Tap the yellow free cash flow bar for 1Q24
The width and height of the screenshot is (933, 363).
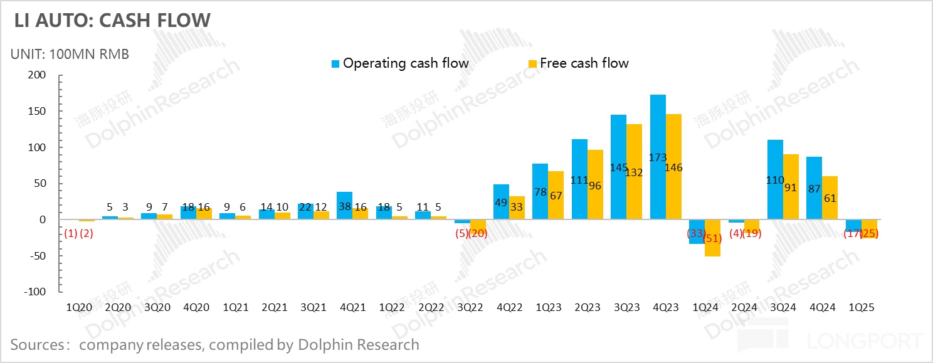click(x=713, y=238)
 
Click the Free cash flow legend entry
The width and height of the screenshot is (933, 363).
click(x=584, y=63)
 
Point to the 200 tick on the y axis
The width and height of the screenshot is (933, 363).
click(x=38, y=75)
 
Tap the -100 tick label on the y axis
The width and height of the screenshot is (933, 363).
click(x=35, y=292)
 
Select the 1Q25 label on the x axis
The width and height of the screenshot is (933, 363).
click(x=861, y=308)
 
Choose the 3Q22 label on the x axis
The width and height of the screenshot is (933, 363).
click(x=470, y=308)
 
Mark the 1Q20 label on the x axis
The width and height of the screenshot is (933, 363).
click(x=79, y=308)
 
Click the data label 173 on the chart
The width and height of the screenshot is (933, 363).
click(x=658, y=157)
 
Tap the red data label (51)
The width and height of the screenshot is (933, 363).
click(x=713, y=238)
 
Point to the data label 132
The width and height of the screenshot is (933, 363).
click(x=635, y=172)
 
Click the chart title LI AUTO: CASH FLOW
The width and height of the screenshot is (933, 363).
click(x=112, y=20)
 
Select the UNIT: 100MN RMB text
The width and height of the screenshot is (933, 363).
click(x=70, y=54)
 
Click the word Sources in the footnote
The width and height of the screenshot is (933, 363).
click(x=36, y=344)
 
